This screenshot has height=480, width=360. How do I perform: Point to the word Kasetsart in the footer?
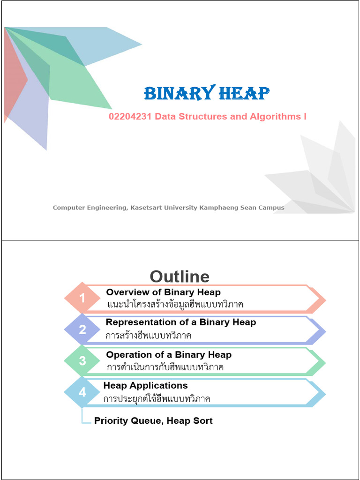pos(144,208)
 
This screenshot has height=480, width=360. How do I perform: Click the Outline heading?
pos(180,277)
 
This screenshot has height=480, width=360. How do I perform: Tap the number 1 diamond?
pos(82,298)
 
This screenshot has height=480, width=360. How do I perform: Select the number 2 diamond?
pos(82,330)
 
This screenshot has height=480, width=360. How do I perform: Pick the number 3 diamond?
pos(82,361)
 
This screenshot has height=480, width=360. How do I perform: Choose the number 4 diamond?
pos(82,392)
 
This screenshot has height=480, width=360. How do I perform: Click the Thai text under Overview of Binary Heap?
pos(175,305)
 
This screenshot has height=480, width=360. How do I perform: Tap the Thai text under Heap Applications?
pos(157,399)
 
